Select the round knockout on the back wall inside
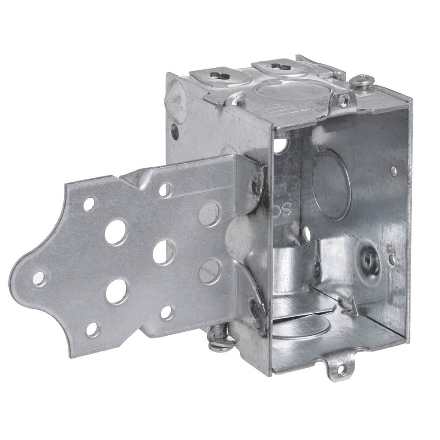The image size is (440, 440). (x=331, y=184)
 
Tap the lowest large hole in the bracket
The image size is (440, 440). (x=116, y=292)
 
